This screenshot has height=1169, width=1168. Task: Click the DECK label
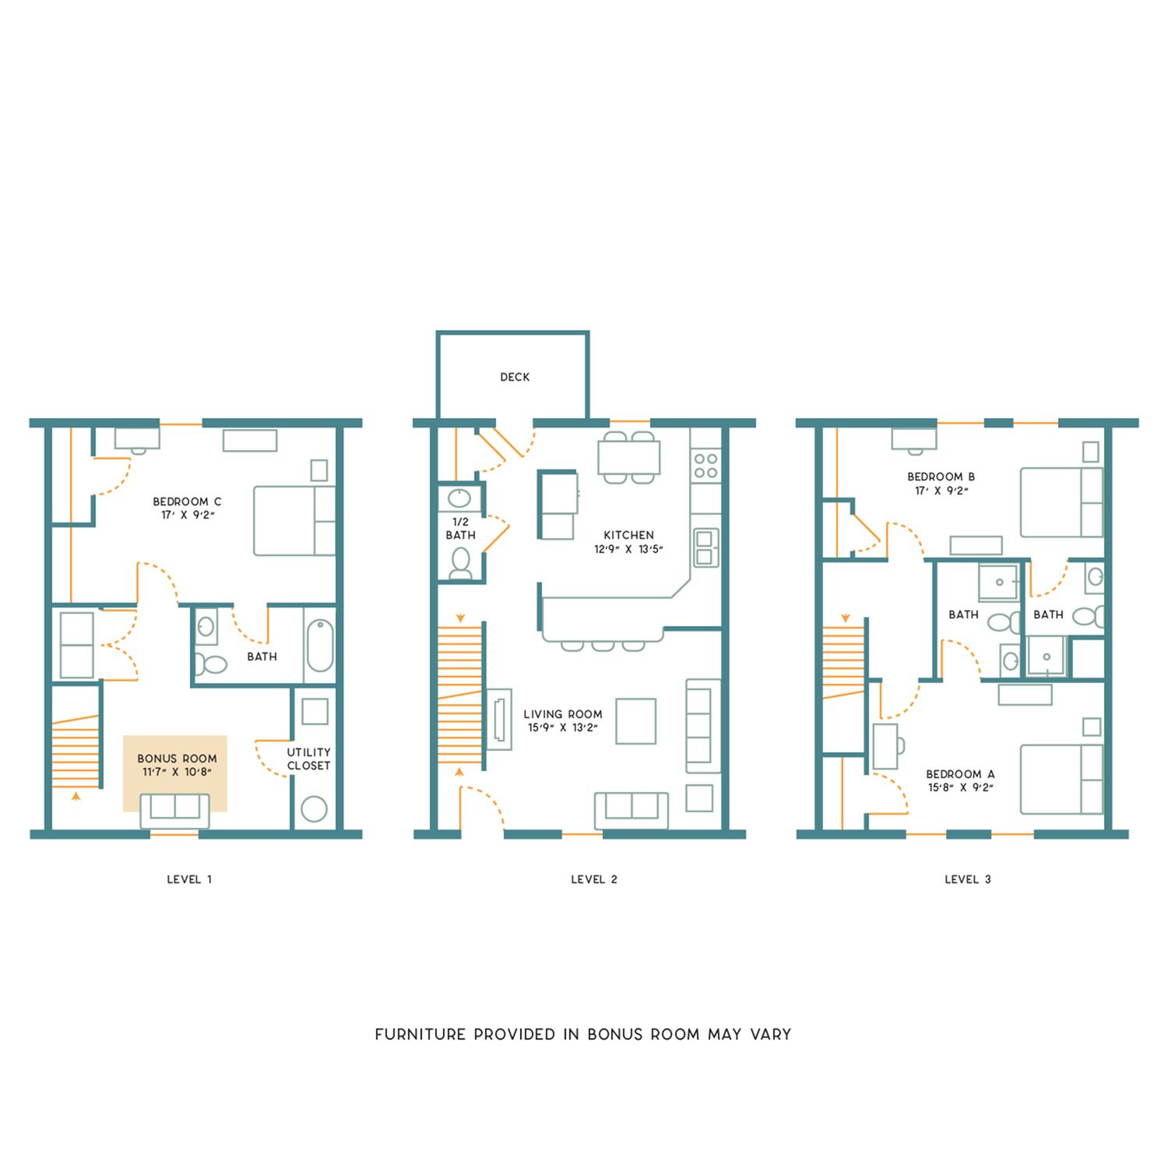(515, 377)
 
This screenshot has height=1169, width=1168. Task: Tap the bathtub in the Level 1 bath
(319, 645)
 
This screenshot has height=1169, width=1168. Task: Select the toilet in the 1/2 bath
(460, 563)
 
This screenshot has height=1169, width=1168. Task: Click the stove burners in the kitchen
(705, 466)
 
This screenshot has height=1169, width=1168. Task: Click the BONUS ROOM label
(177, 759)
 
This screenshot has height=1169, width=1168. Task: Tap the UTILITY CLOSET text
(308, 759)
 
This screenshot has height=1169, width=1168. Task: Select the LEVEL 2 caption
(593, 879)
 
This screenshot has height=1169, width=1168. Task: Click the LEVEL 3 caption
(967, 879)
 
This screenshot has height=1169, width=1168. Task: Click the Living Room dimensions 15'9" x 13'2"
(562, 727)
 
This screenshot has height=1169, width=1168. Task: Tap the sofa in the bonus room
(174, 810)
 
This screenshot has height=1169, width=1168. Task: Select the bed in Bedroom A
(1061, 779)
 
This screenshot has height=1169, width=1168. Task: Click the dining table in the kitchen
(629, 457)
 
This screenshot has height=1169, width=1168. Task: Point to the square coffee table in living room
(635, 721)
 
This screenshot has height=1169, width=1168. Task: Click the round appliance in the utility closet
(314, 809)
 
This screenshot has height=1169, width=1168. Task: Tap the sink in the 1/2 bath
(459, 498)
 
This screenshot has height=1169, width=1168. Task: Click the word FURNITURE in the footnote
(420, 1034)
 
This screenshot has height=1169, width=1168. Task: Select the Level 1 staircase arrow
(76, 797)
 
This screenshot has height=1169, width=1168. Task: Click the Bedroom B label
(941, 477)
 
